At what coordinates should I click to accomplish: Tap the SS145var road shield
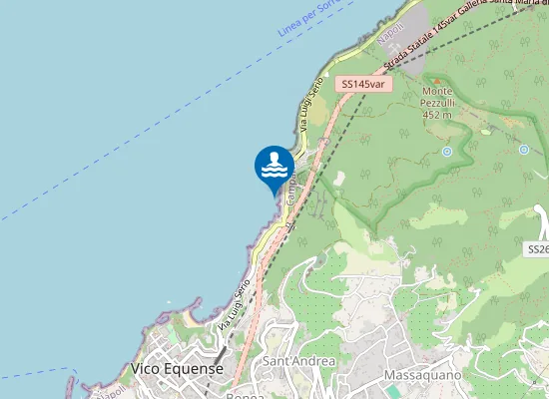363,85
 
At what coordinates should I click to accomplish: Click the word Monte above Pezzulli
437,91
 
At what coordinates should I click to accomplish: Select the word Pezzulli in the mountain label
436,103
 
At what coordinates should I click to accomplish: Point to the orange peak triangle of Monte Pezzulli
435,78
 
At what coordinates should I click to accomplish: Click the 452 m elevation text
437,115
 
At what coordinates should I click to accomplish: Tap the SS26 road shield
538,248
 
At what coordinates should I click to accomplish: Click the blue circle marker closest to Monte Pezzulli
447,152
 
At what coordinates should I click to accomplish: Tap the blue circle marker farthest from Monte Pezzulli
524,149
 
